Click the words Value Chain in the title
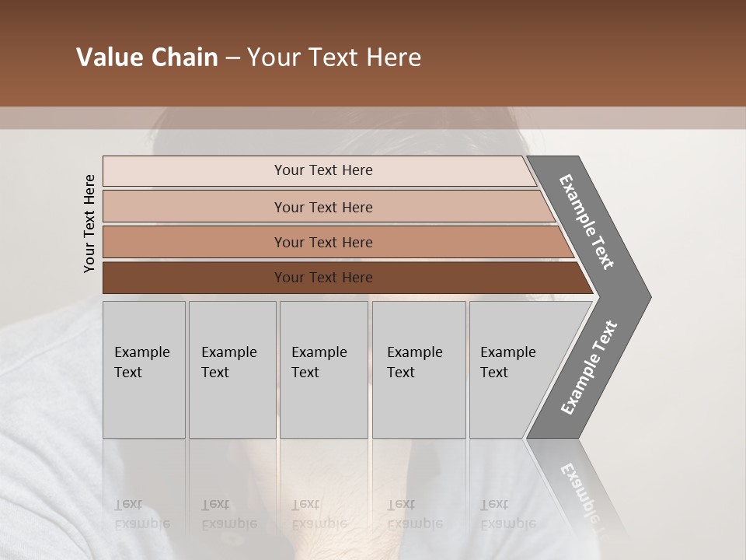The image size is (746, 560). coord(147,58)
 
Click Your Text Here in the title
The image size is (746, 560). coord(334,58)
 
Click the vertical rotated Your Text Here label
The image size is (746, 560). coord(89,224)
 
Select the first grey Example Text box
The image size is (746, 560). coord(144,369)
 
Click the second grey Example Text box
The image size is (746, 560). coord(232,369)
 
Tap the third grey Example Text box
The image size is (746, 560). coord(323,369)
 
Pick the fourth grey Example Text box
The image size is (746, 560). coord(419,369)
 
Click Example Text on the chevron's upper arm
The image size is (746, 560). coord(587,222)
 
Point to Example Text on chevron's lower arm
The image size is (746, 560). coord(589,368)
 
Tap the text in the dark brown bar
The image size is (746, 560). coord(323,278)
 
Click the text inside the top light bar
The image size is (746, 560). coord(323,170)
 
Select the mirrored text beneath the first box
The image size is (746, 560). coord(141,513)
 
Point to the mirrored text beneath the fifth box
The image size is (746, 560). coord(508,513)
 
